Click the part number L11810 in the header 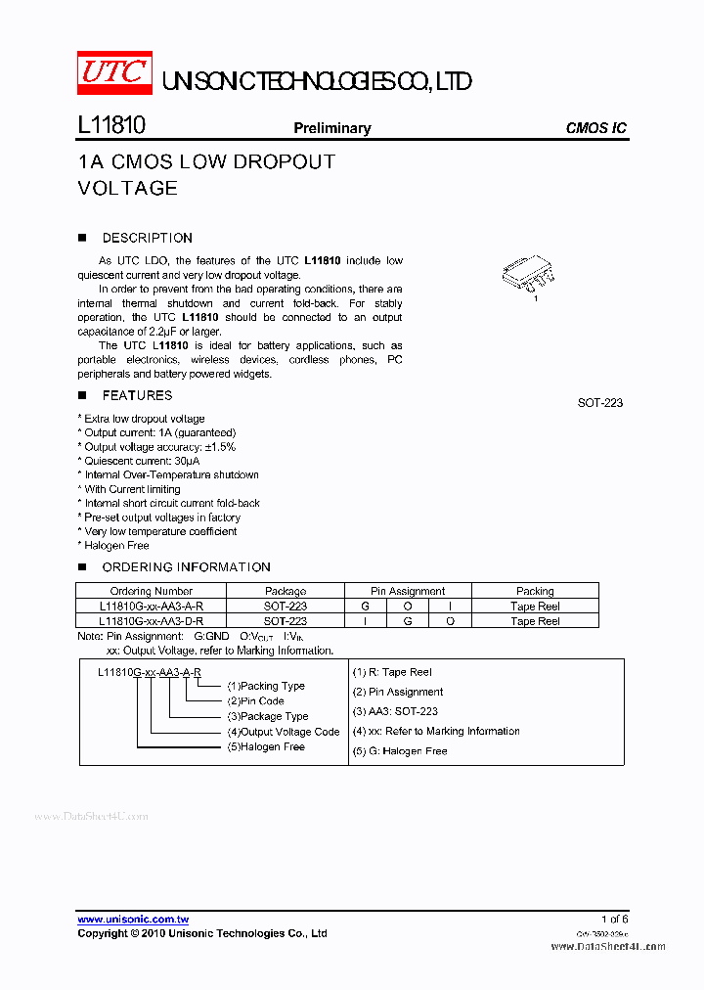tap(111, 126)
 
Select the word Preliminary tap(332, 128)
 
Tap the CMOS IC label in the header tap(596, 128)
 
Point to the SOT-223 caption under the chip tap(600, 403)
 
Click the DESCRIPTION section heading tap(147, 238)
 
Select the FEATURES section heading tap(137, 395)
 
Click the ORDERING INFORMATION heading tap(186, 567)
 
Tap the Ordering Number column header tap(152, 591)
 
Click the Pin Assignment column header tap(408, 591)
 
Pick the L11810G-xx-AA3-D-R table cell tap(152, 620)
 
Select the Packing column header tap(535, 591)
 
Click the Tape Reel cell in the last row tap(535, 620)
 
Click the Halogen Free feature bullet tap(114, 546)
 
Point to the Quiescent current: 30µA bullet tap(140, 461)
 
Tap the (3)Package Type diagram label tap(267, 716)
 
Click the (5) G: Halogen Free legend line tap(400, 751)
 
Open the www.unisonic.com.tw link tap(133, 920)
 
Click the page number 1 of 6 tap(615, 919)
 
